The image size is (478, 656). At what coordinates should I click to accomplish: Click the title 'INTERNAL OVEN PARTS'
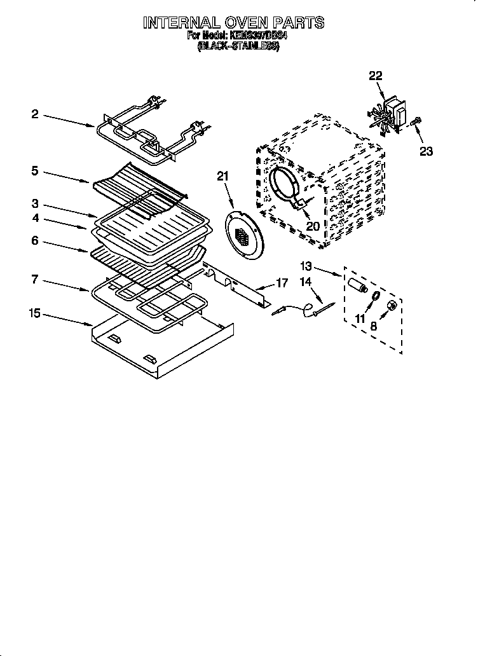tap(233, 24)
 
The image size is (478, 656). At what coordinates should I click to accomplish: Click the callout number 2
tap(35, 114)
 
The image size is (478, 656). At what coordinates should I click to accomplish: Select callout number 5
tap(35, 171)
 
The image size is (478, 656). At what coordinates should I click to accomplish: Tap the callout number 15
tap(35, 312)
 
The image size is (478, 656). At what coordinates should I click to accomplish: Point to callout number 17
tap(281, 282)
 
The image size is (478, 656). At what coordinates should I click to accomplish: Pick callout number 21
tap(222, 177)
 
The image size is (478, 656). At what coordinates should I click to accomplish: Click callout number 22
tap(376, 76)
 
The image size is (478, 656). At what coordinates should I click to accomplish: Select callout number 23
tap(426, 151)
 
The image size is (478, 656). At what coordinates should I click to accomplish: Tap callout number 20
tap(312, 226)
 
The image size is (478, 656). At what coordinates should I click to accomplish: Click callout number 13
tap(306, 266)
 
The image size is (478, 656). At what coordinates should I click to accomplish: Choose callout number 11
tap(360, 318)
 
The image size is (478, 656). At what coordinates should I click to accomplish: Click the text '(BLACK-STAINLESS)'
tap(237, 47)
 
